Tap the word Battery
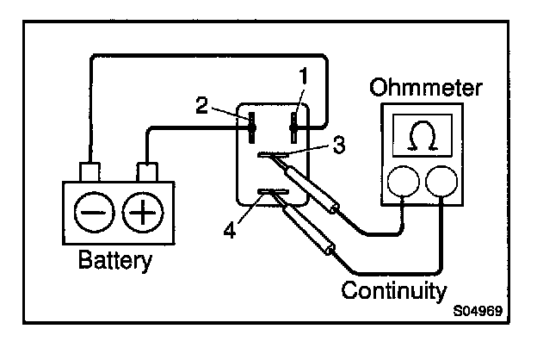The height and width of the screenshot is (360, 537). (114, 259)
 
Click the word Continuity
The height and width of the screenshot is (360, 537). (394, 288)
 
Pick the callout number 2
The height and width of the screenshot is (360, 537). (201, 106)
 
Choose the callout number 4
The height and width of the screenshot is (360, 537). (230, 230)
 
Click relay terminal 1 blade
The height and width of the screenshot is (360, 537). (294, 127)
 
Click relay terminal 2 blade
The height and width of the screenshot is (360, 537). (251, 127)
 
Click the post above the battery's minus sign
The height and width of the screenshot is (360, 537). (90, 170)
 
